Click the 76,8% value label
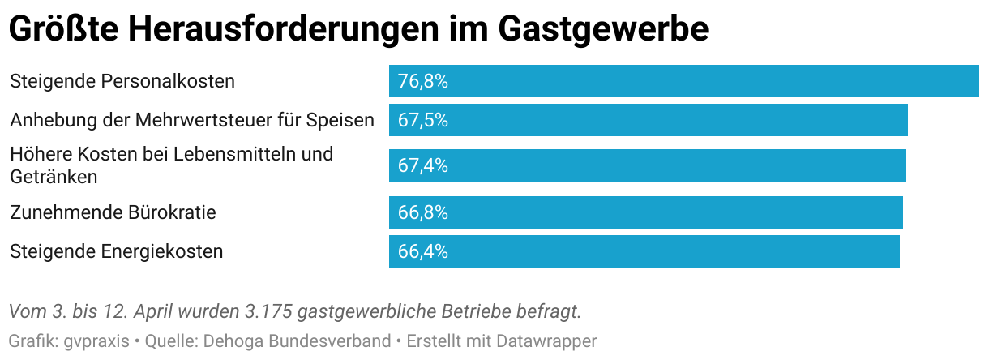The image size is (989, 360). click(x=423, y=81)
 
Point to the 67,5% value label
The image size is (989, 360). click(x=423, y=120)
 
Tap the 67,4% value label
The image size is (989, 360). click(x=423, y=165)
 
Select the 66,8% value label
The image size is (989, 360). click(x=423, y=212)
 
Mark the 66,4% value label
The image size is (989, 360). click(x=423, y=251)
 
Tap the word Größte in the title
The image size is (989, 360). click(x=62, y=29)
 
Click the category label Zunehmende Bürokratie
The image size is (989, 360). click(x=113, y=212)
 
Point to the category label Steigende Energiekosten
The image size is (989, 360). click(x=116, y=251)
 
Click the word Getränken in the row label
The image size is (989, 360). click(x=54, y=175)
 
